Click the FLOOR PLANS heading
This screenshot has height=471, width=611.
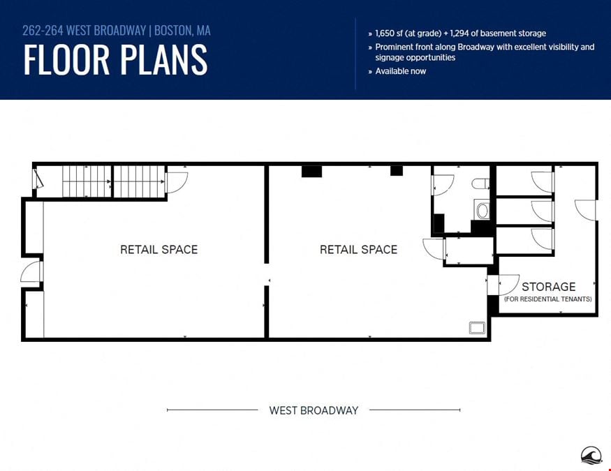pyautogui.click(x=115, y=59)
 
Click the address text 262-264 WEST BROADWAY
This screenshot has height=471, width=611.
pyautogui.click(x=84, y=31)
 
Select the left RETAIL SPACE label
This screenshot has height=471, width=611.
pyautogui.click(x=159, y=250)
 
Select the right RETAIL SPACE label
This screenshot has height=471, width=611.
pyautogui.click(x=358, y=250)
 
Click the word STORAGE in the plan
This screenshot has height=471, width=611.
pyautogui.click(x=549, y=287)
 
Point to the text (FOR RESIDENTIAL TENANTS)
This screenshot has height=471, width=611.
pyautogui.click(x=548, y=299)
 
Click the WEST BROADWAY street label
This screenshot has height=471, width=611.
pyautogui.click(x=314, y=410)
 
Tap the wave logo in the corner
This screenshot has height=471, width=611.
pyautogui.click(x=591, y=456)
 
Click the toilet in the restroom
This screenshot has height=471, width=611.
pyautogui.click(x=480, y=183)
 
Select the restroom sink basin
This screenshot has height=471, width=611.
pyautogui.click(x=483, y=210)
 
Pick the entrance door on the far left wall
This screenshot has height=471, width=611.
pyautogui.click(x=31, y=271)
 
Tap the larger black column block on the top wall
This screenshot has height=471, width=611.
pyautogui.click(x=311, y=171)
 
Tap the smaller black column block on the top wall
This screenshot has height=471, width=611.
pyautogui.click(x=397, y=170)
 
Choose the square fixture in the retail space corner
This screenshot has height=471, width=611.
pyautogui.click(x=477, y=328)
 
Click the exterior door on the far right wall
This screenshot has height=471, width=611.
pyautogui.click(x=585, y=210)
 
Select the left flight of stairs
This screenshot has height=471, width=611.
pyautogui.click(x=87, y=182)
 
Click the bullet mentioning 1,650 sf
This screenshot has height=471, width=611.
pyautogui.click(x=457, y=33)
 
